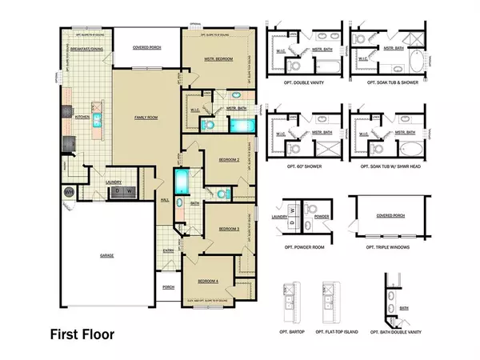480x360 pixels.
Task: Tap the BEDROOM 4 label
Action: click(209, 280)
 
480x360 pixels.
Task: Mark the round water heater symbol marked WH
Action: click(69, 192)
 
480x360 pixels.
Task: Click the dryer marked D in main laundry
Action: click(118, 192)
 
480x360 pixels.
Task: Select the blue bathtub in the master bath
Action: click(238, 125)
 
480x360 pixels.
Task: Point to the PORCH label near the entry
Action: click(168, 286)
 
